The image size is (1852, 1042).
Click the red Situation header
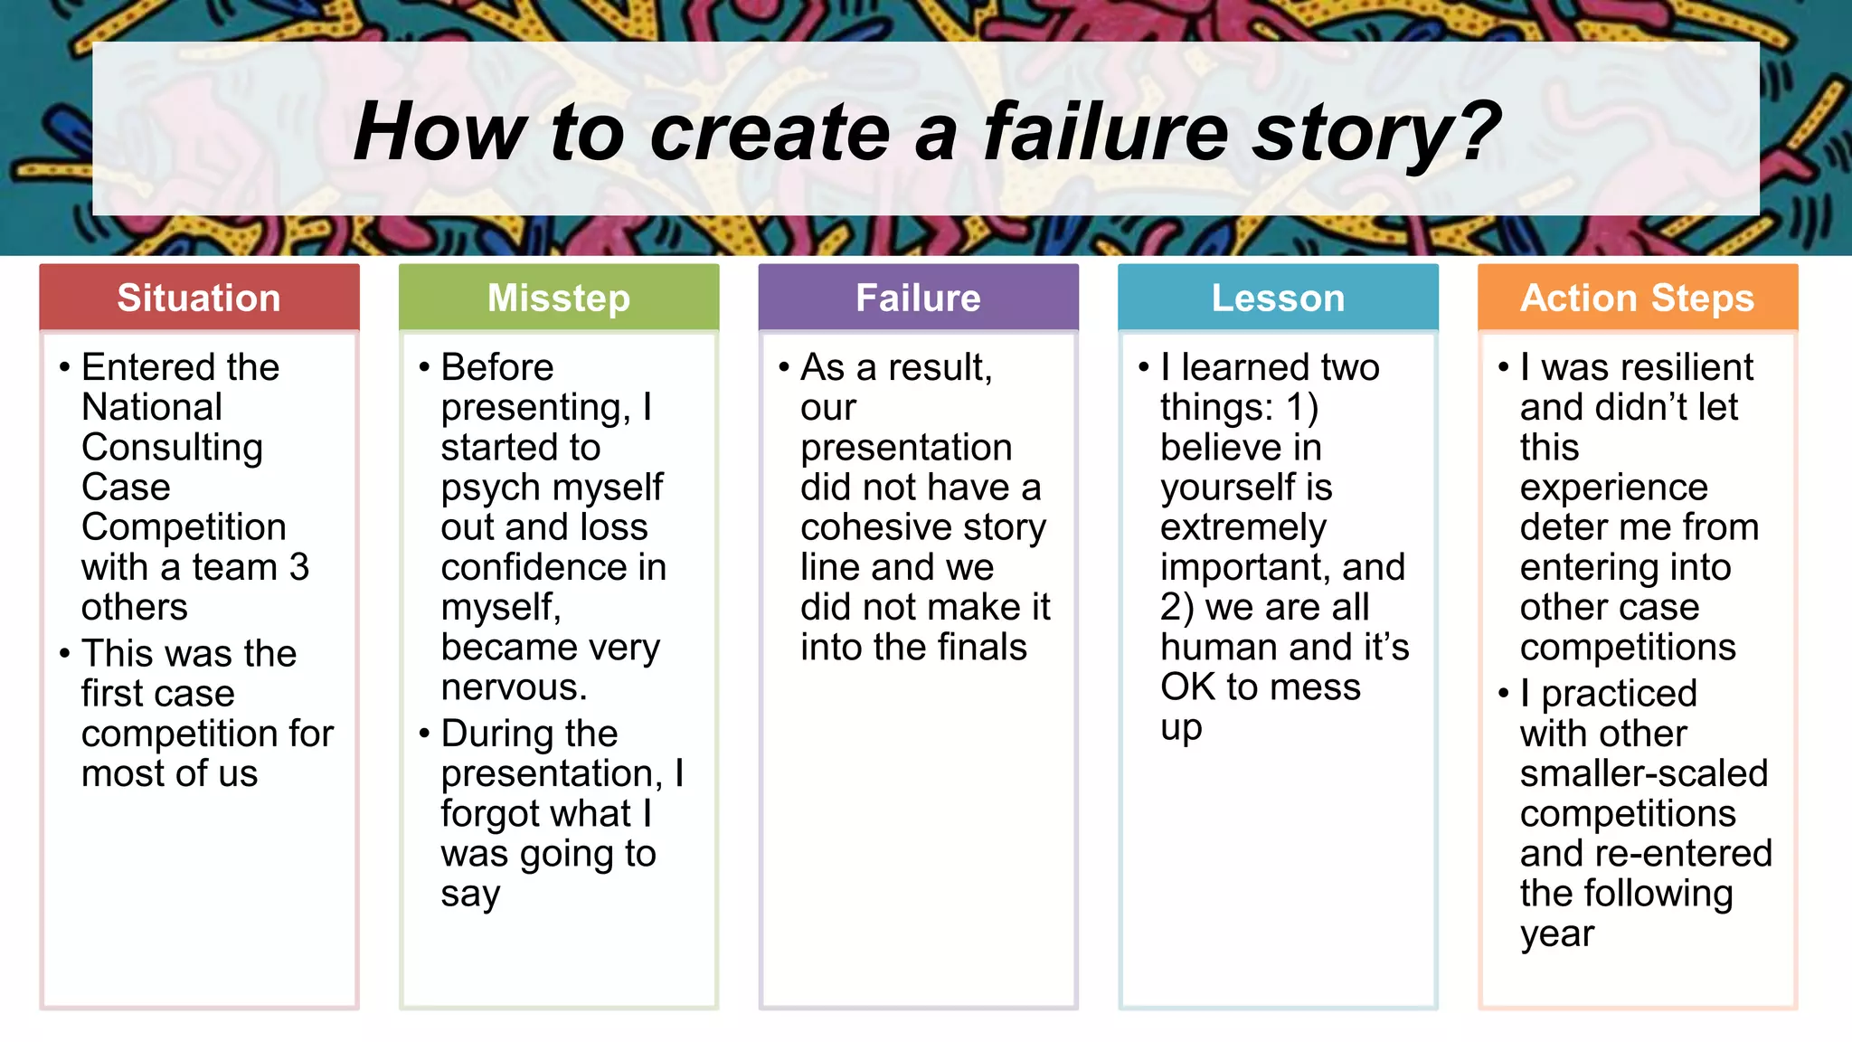[199, 298]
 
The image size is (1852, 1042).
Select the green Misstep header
[559, 298]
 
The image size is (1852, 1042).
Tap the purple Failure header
[918, 298]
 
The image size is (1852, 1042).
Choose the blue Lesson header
[1278, 298]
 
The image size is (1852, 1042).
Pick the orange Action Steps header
[1637, 298]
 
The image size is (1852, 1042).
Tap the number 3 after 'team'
[299, 568]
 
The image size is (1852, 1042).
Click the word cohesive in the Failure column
[874, 528]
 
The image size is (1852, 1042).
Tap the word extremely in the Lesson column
[1243, 528]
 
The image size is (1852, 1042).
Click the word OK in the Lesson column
[1187, 687]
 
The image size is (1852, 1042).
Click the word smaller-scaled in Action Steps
[1643, 774]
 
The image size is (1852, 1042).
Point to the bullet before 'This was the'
[64, 654]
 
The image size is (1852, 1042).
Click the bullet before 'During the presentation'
[424, 734]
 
